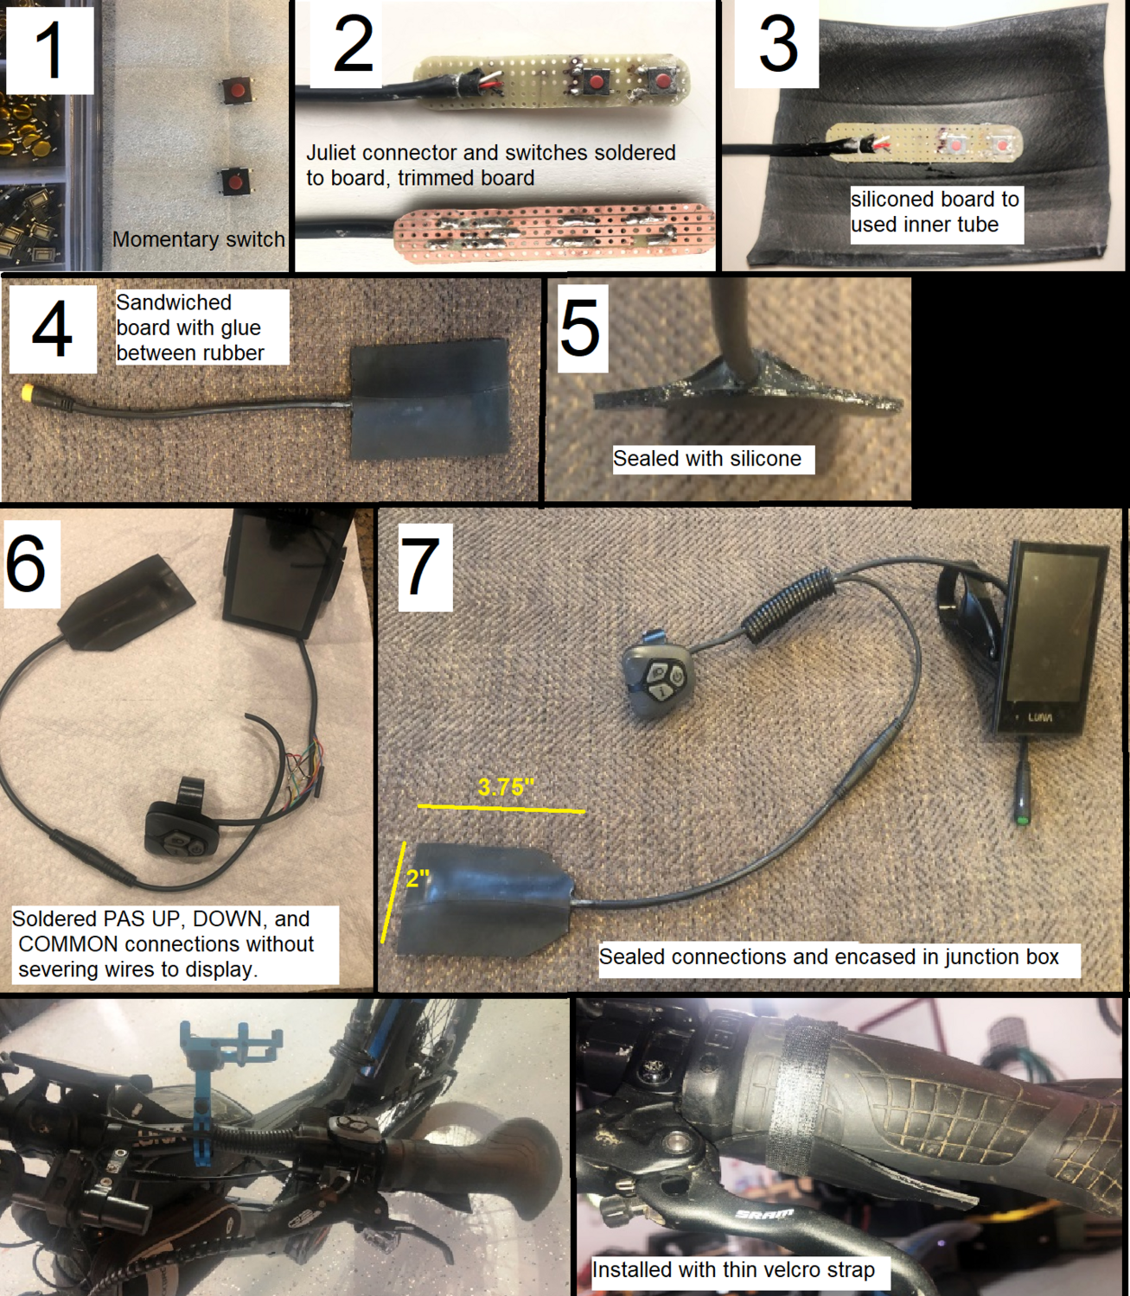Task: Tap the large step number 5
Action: click(580, 328)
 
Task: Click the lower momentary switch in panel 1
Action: click(234, 181)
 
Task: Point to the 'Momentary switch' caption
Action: click(198, 239)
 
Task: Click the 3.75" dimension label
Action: click(506, 787)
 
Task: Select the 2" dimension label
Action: click(418, 879)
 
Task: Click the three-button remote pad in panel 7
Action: click(654, 678)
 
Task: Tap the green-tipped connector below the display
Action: click(1021, 816)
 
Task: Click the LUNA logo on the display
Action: click(1040, 717)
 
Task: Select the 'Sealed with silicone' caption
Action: click(706, 459)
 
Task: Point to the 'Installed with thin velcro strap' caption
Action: click(732, 1269)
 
